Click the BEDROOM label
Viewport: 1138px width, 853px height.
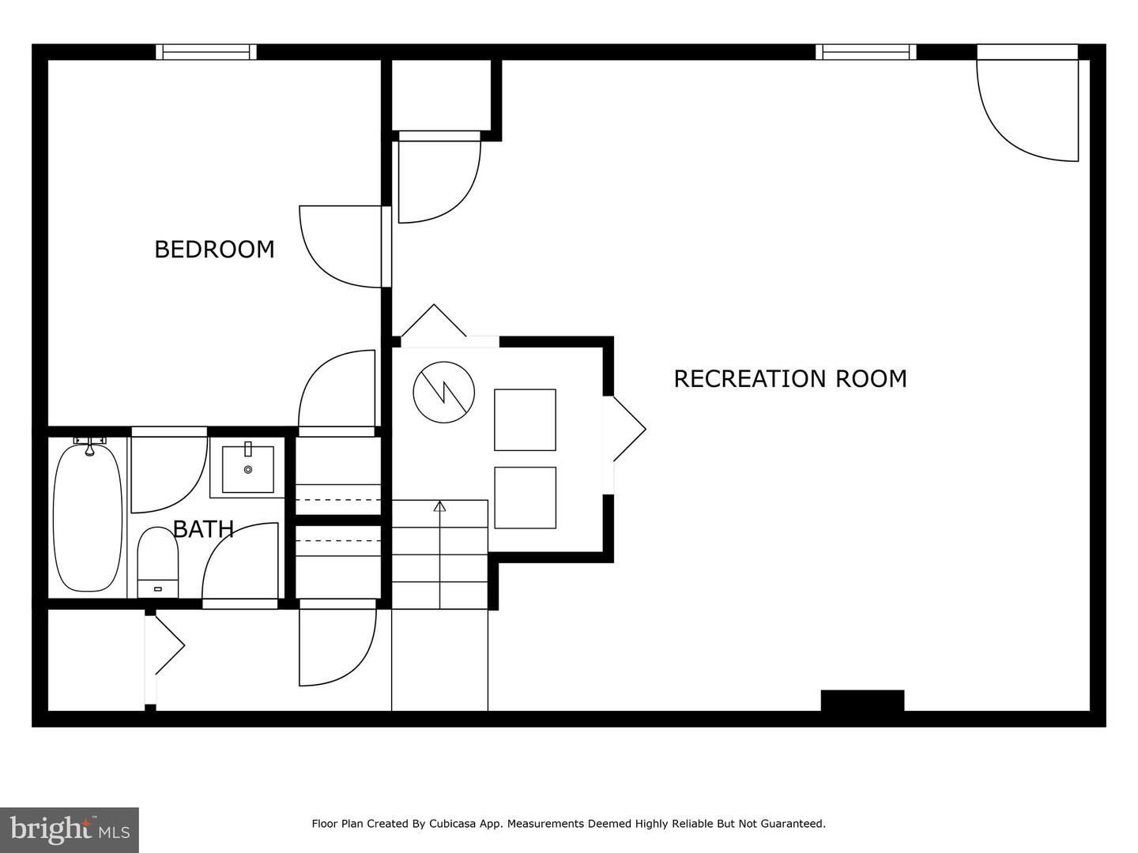click(x=214, y=250)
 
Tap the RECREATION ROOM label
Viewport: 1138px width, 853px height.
click(x=789, y=379)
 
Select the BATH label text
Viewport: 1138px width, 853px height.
click(x=203, y=529)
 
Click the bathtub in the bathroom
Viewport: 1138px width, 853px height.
click(x=88, y=518)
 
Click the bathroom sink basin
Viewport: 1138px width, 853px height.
click(x=248, y=469)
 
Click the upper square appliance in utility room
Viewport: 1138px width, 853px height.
click(x=525, y=419)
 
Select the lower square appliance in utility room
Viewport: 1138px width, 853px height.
click(x=525, y=498)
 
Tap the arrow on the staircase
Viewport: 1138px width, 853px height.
click(x=439, y=506)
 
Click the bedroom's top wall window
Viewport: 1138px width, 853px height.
click(x=206, y=52)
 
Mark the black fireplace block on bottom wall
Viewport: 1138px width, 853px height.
click(x=862, y=701)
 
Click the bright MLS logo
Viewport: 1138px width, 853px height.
click(x=70, y=830)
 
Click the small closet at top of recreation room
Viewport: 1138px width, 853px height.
click(x=442, y=95)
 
